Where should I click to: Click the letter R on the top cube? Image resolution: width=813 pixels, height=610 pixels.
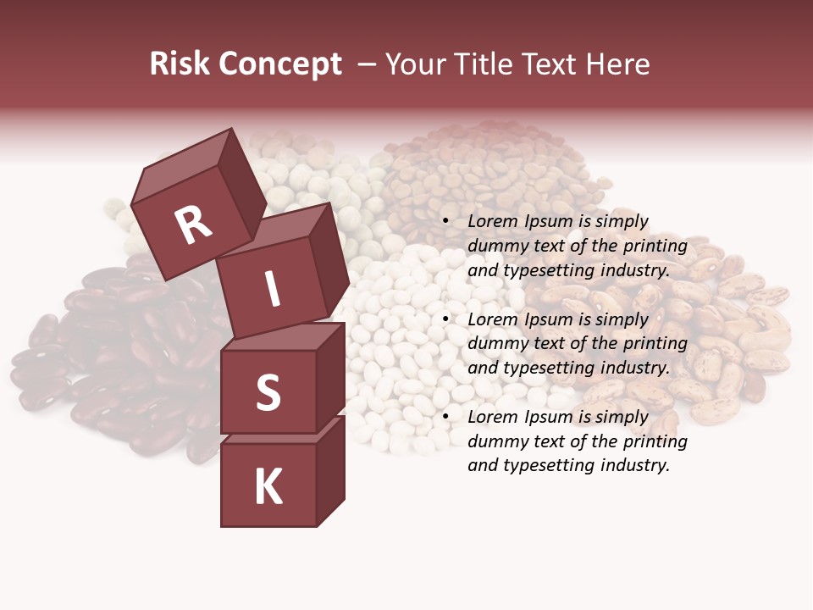click(x=193, y=225)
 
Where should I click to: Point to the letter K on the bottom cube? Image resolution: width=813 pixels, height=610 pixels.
click(x=268, y=487)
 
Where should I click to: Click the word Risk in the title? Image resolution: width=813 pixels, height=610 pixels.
click(x=180, y=64)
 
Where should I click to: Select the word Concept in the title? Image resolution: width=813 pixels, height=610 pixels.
click(x=280, y=64)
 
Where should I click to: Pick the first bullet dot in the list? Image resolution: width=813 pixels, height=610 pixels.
click(x=445, y=222)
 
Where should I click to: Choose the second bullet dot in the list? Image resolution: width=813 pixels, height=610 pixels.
click(x=445, y=319)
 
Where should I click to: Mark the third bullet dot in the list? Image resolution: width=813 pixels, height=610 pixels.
click(x=445, y=417)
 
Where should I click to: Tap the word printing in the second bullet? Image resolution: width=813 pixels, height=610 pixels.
click(x=655, y=344)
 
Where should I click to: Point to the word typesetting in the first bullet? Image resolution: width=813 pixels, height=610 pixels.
click(x=547, y=271)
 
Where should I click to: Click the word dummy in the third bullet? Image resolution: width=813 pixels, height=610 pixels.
click(x=494, y=441)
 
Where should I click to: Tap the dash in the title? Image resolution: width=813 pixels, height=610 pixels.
click(x=368, y=64)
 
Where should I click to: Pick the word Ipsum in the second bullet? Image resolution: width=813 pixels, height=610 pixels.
click(x=549, y=319)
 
